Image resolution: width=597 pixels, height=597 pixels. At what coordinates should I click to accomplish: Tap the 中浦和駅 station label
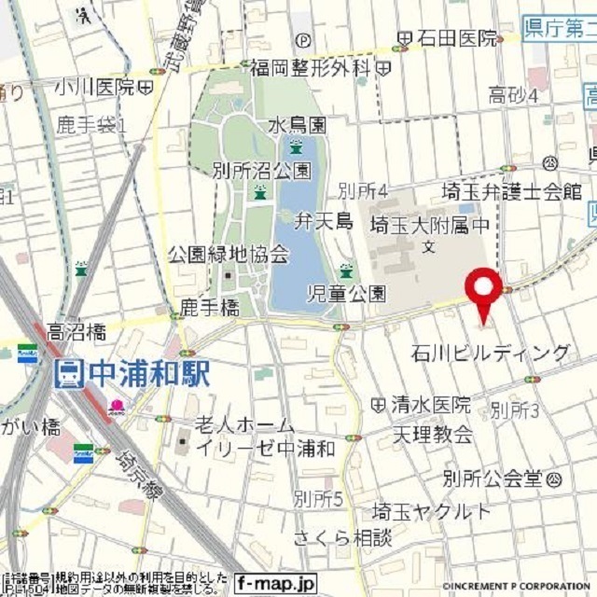145,373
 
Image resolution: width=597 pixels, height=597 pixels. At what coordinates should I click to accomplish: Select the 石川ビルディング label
491,353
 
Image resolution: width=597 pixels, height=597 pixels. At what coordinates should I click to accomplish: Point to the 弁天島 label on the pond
322,221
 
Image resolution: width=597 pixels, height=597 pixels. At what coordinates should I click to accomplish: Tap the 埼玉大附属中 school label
429,224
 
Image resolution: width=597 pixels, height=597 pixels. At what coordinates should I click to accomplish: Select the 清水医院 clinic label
431,405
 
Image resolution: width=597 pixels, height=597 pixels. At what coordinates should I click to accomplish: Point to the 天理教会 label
431,435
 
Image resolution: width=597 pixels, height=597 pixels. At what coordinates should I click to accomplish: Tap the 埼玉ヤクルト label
431,511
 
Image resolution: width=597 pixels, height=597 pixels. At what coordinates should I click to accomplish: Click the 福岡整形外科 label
311,67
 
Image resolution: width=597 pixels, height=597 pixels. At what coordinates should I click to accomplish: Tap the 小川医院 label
94,87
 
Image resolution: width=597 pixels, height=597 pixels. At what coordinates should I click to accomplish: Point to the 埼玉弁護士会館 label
511,192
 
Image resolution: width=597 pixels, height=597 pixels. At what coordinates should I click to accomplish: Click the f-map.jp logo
275,584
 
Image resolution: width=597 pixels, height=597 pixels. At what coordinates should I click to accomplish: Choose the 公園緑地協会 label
229,254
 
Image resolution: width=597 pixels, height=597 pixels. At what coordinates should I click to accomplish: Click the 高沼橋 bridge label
76,331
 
